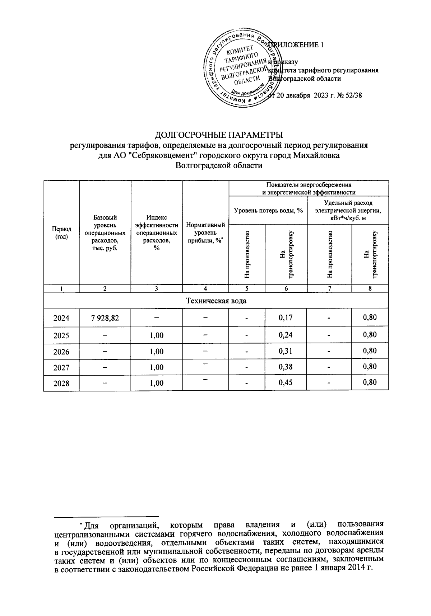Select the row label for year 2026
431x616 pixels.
point(61,352)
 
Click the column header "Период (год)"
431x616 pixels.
point(61,233)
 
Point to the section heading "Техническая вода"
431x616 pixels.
point(216,301)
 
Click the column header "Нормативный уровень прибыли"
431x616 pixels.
point(205,233)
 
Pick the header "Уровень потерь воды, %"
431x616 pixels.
point(268,210)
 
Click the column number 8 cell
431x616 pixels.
point(370,288)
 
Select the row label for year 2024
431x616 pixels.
point(61,318)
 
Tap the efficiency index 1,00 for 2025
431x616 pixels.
point(157,335)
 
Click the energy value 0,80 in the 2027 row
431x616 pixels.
point(370,367)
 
